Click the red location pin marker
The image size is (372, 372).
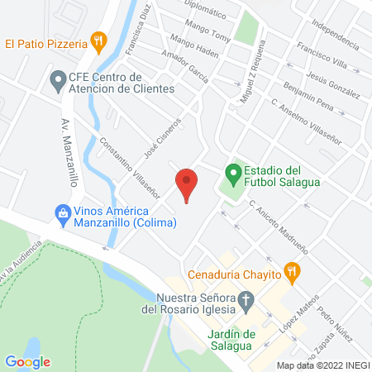pyautogui.click(x=187, y=183)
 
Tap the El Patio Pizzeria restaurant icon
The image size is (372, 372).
pyautogui.click(x=99, y=40)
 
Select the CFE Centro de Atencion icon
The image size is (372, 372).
pyautogui.click(x=57, y=81)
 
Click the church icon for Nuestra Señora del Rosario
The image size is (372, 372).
pyautogui.click(x=246, y=301)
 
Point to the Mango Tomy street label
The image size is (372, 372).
pyautogui.click(x=209, y=36)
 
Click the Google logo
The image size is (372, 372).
pyautogui.click(x=27, y=361)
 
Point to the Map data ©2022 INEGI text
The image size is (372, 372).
pyautogui.click(x=322, y=365)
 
